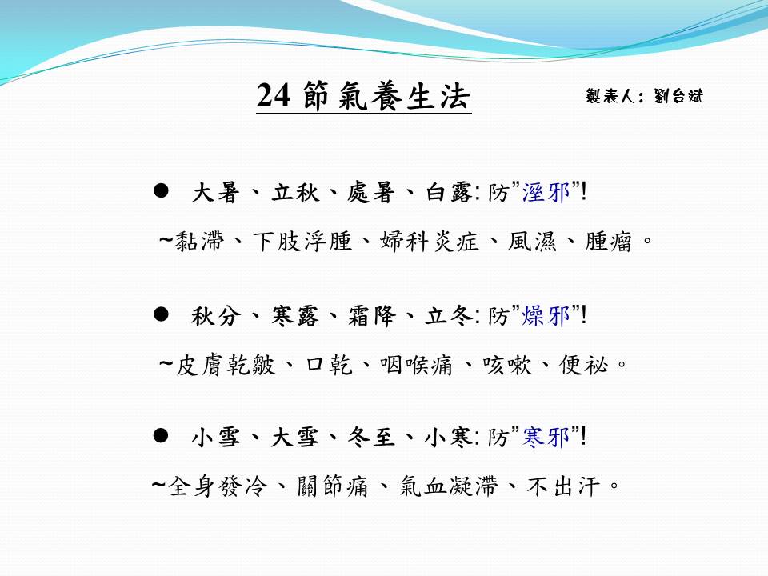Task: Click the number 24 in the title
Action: coord(274,95)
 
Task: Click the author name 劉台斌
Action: coord(678,95)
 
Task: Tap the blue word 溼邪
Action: coord(546,192)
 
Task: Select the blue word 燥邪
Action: coord(546,315)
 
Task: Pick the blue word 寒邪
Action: coord(546,437)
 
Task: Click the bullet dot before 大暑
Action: coord(161,190)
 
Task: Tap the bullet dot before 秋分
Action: coord(161,314)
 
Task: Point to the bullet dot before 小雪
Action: coord(161,435)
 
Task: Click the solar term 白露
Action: coord(448,192)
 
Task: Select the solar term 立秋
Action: coord(295,192)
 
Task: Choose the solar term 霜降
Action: coord(372,315)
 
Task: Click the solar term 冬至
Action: coord(372,437)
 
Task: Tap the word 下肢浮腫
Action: coord(302,241)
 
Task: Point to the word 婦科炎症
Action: coord(429,241)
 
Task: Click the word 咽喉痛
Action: coord(416,365)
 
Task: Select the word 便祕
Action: coord(584,365)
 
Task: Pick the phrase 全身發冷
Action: coord(218,486)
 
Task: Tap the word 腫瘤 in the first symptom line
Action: coord(608,241)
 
